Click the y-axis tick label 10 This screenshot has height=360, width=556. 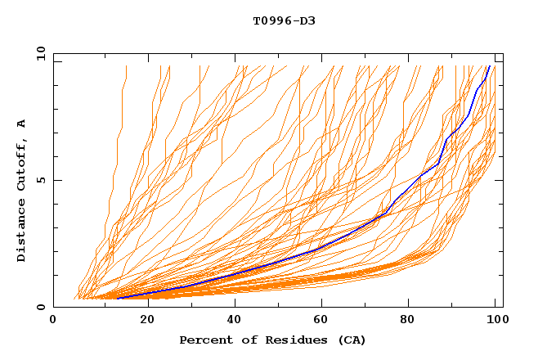tap(40, 53)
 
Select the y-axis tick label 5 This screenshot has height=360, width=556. tap(43, 180)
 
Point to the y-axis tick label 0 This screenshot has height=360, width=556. tap(43, 307)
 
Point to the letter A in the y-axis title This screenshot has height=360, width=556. tap(21, 124)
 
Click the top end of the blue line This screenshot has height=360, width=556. tap(489, 66)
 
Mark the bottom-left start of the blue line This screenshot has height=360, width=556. tap(117, 298)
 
